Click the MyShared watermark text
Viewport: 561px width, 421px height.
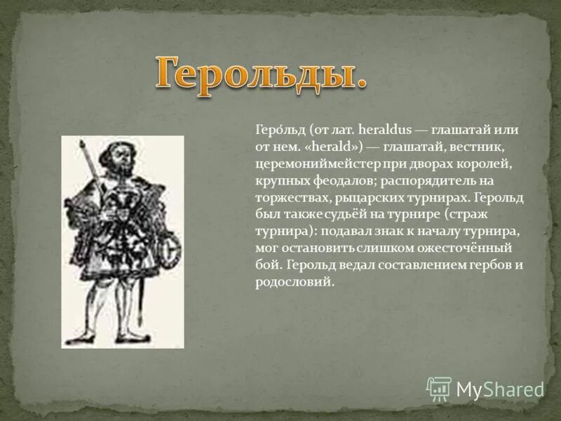coord(500,389)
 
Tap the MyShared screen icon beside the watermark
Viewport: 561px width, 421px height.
coord(439,389)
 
